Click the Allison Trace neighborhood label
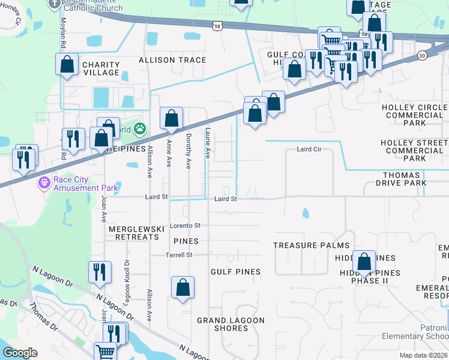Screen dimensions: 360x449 tap(172, 60)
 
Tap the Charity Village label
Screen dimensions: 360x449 tap(100, 68)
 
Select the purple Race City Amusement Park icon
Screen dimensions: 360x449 tap(43, 182)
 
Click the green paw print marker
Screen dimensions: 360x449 tap(140, 128)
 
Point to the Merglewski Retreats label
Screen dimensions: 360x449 tap(133, 233)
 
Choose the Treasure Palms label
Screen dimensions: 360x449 tap(311, 245)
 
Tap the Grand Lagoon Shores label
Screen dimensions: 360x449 tap(231, 324)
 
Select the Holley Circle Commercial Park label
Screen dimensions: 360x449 tap(414, 115)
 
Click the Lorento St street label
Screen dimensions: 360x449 tap(184, 226)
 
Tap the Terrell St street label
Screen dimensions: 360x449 tap(179, 255)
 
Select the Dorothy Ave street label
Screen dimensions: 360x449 tap(188, 151)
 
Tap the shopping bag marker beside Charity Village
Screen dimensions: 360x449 tap(67, 64)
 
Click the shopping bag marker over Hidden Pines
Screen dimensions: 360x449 tap(364, 262)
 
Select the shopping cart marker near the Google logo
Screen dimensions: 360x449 tap(106, 352)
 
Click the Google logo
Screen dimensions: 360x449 tap(20, 353)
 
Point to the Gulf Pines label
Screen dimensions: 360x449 tap(235, 272)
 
